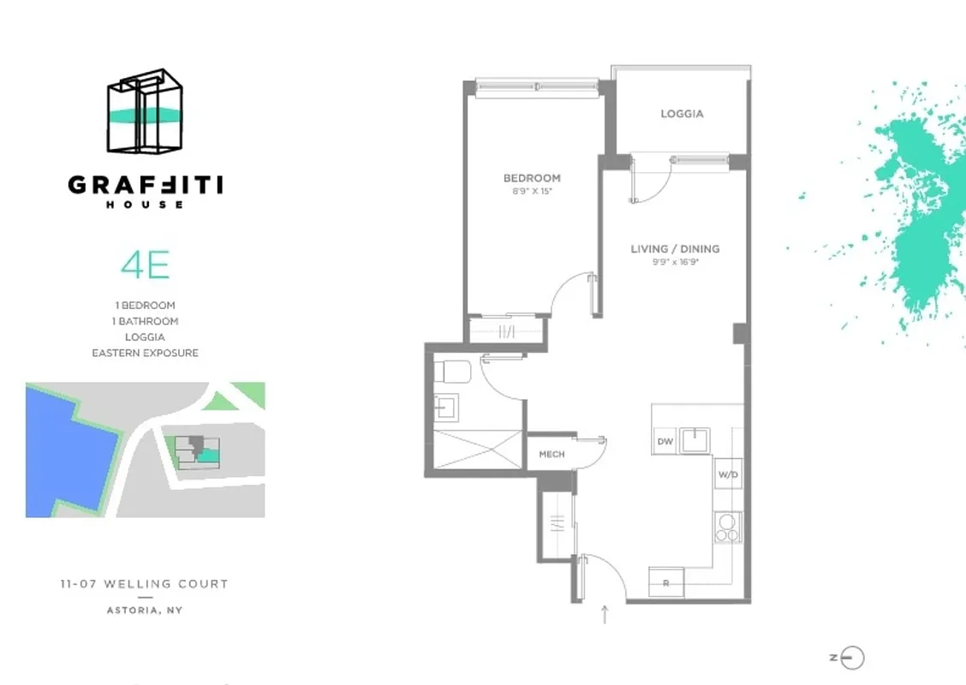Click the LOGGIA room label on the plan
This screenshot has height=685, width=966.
(682, 113)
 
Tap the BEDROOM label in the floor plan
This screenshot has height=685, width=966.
(532, 178)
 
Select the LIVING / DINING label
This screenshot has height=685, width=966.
(675, 249)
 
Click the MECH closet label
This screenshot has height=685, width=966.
(552, 454)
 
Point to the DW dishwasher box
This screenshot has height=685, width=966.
(665, 441)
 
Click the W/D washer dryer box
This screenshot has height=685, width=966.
(728, 474)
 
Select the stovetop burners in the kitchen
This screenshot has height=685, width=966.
(727, 527)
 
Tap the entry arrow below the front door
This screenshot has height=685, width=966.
(605, 613)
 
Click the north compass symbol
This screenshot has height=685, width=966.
(850, 658)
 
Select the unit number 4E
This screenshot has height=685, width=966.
(145, 265)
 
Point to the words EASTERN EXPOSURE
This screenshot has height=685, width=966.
(145, 353)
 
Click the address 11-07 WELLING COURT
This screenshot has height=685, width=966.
(145, 584)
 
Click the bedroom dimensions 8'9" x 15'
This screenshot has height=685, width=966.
(532, 192)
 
